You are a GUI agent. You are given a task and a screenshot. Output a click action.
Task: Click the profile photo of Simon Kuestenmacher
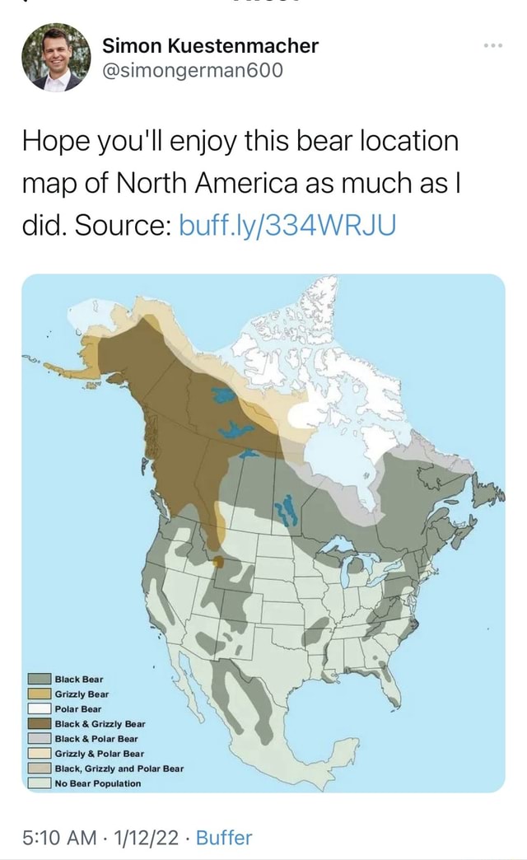click(x=56, y=58)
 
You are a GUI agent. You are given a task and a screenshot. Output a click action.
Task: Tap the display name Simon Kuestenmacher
click(x=210, y=46)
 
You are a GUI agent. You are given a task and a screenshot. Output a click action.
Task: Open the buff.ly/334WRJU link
click(x=288, y=223)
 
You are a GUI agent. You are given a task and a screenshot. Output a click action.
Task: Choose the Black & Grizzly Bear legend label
click(x=100, y=724)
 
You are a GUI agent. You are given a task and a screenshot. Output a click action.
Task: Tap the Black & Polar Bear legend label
click(x=96, y=739)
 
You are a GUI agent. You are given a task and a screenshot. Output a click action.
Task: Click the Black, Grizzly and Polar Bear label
click(x=119, y=769)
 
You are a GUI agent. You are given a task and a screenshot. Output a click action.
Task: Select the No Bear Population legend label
click(x=98, y=783)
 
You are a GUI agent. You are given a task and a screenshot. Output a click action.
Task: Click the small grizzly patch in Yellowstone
click(x=217, y=562)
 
